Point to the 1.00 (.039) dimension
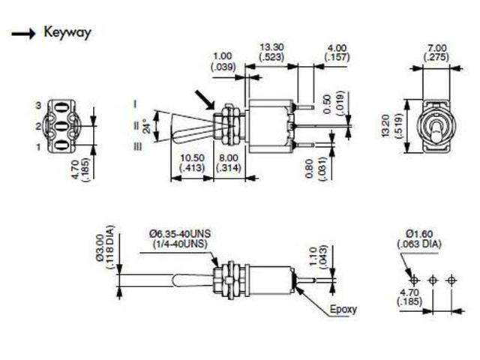(223, 61)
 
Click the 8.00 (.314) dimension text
(229, 163)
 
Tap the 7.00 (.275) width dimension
(436, 52)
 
